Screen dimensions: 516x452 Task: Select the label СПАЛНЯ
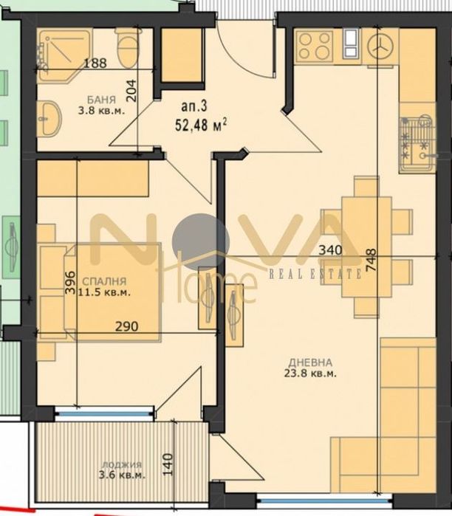pos(103,281)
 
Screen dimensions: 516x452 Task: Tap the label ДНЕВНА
pos(311,362)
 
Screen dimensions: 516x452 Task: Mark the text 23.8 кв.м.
pos(311,374)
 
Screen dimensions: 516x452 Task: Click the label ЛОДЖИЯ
pos(122,465)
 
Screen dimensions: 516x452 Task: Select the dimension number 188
pos(95,63)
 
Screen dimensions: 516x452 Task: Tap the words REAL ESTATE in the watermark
pos(314,274)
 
